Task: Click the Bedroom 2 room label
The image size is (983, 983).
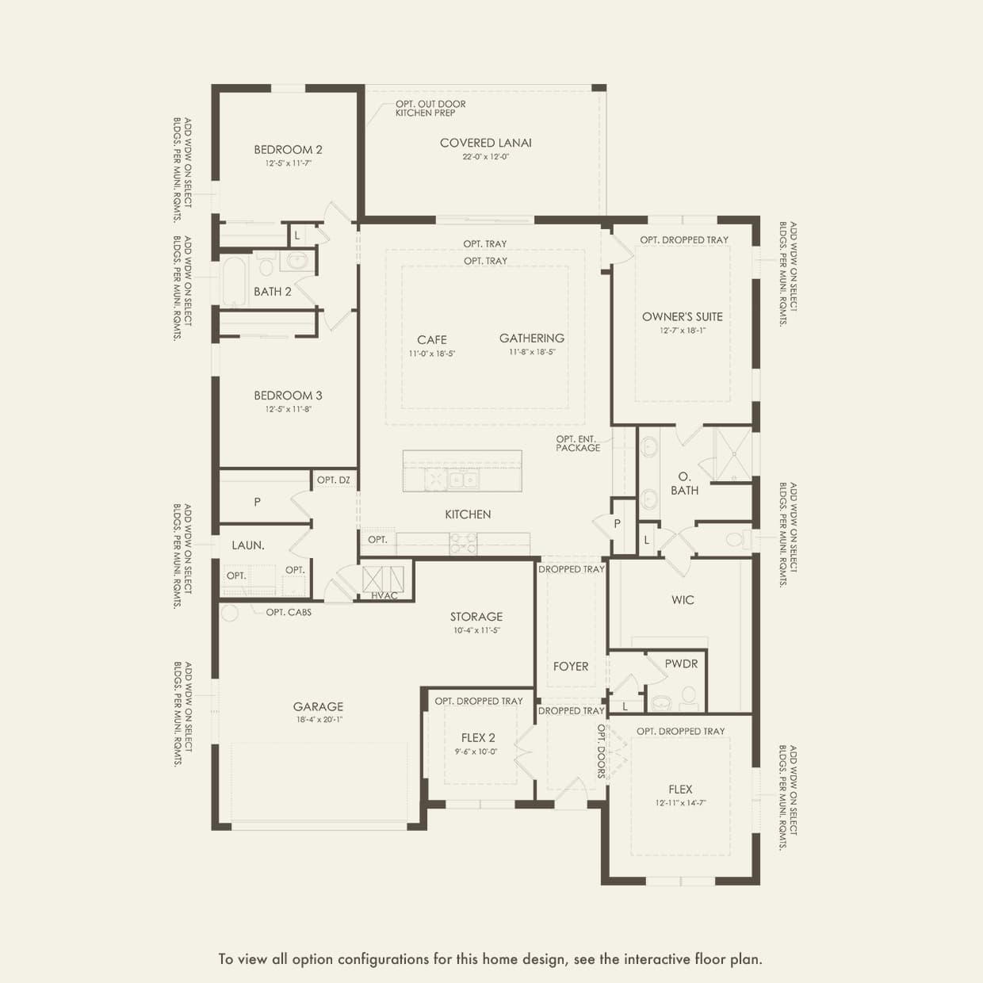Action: click(x=288, y=150)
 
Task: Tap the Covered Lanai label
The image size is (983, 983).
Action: click(x=485, y=143)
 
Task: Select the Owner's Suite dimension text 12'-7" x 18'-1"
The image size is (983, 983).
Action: click(x=682, y=331)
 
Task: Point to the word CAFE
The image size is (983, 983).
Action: click(x=432, y=339)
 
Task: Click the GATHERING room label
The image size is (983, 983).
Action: click(x=532, y=338)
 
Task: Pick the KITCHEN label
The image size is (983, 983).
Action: click(x=468, y=514)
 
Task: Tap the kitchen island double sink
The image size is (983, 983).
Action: click(x=452, y=480)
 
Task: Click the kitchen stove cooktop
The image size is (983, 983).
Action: click(x=463, y=543)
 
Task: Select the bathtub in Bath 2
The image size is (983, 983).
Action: click(x=235, y=281)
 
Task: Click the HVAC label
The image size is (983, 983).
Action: click(x=384, y=595)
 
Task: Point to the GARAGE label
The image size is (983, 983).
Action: click(x=318, y=706)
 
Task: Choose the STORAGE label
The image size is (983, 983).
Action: click(x=476, y=616)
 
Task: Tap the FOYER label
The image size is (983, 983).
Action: click(x=571, y=667)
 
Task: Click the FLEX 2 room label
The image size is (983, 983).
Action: click(x=478, y=737)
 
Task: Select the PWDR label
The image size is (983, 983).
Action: click(x=681, y=664)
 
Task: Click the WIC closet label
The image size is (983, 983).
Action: click(x=683, y=600)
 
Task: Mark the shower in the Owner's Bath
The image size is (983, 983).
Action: click(x=732, y=454)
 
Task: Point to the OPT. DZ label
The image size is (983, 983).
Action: click(x=333, y=480)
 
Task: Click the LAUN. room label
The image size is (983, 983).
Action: click(x=248, y=545)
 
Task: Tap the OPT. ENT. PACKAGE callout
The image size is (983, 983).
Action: click(x=577, y=443)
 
